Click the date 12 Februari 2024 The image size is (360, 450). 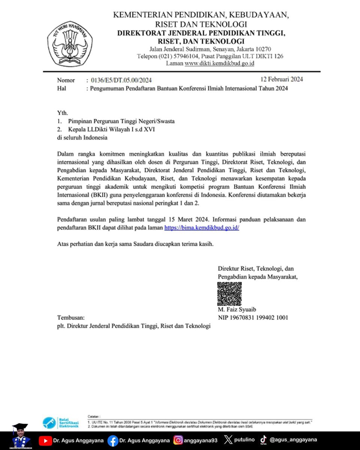point(282,79)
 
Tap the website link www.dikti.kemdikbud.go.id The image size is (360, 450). point(219,63)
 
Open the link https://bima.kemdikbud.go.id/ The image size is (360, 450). point(202,228)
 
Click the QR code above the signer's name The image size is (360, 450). point(229,294)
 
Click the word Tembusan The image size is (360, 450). point(71,318)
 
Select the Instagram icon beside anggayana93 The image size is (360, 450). point(178,440)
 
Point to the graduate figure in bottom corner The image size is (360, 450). point(20,437)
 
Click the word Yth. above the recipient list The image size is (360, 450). point(62,113)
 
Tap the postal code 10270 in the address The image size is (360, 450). point(263,49)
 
